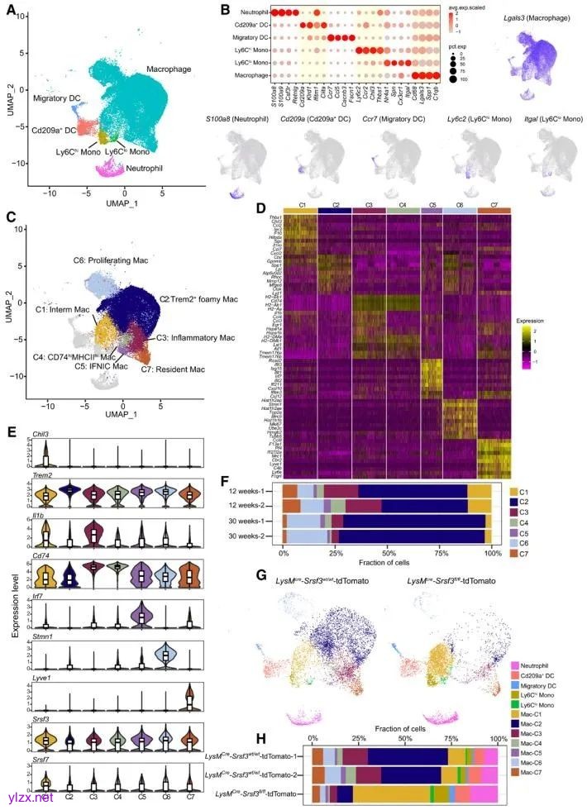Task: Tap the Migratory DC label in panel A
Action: point(56,98)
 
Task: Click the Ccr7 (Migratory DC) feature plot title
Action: point(398,121)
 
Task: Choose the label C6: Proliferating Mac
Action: point(109,260)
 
